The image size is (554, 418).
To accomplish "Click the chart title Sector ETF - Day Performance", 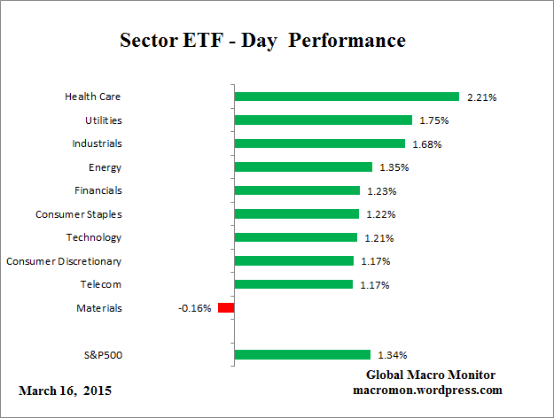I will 262,41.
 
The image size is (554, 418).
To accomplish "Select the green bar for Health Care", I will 346,97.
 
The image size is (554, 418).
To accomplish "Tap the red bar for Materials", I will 225,308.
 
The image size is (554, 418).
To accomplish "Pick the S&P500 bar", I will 301,355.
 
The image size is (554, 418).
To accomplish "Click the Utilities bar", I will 323,120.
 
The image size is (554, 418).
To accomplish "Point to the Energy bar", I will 302,166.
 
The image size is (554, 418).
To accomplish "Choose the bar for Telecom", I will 293,284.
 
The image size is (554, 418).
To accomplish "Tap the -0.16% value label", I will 196,308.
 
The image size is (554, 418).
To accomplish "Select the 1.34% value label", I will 391,355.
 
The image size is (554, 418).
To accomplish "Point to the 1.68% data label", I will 425,143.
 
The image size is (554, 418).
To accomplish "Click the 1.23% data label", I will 380,190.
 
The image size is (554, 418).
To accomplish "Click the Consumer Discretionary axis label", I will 64,261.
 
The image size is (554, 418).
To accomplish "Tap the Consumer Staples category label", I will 79,214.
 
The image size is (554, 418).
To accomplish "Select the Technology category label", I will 94,237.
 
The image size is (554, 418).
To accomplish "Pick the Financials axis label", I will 98,190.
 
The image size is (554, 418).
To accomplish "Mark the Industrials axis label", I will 97,143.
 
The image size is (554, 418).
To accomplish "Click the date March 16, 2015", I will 65,391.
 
